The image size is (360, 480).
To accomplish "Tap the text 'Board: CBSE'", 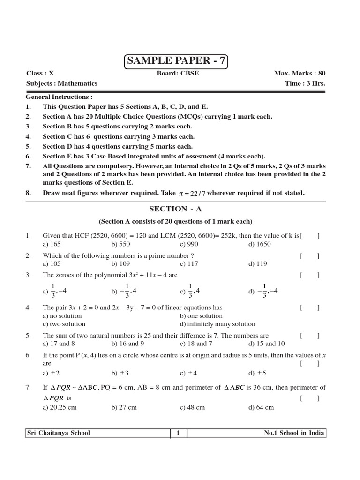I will click(174, 74).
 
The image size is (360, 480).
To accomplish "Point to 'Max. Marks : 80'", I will click(300, 74).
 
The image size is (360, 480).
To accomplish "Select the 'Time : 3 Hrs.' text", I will click(305, 83).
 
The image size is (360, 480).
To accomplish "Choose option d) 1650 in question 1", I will click(260, 244).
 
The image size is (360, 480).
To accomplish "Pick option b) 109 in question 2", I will click(120, 264).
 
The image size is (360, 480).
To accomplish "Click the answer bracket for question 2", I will click(310, 256).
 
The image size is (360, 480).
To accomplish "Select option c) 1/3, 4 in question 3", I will click(190, 291).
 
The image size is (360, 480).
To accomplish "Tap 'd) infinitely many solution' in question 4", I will click(217, 324).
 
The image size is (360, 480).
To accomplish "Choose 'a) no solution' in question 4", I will click(62, 316).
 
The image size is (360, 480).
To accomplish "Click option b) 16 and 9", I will click(124, 344).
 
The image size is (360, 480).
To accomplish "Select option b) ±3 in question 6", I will click(120, 373).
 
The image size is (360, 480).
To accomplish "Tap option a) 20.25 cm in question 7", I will click(60, 407).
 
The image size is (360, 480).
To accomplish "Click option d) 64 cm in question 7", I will click(261, 407).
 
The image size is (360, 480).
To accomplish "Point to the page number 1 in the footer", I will click(178, 433).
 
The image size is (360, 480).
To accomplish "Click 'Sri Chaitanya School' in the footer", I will click(59, 433).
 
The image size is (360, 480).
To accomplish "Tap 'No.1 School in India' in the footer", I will click(294, 433).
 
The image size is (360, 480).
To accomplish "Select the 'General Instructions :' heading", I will click(59, 97).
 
